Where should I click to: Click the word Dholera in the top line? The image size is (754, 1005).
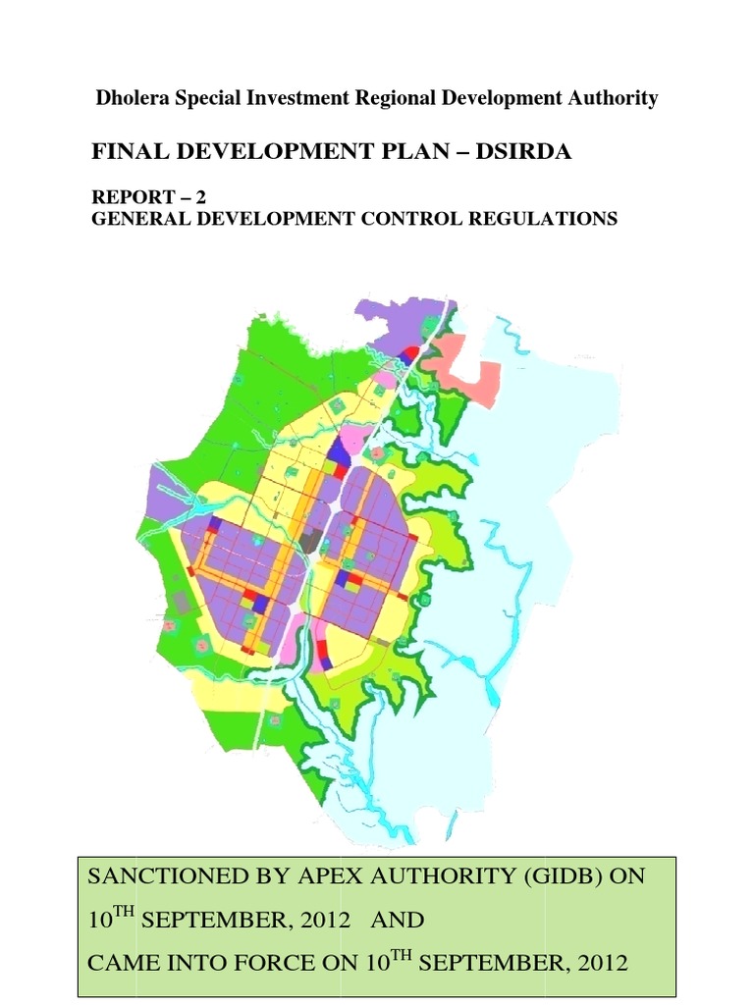[x=128, y=98]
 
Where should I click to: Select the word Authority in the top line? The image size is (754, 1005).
[x=613, y=98]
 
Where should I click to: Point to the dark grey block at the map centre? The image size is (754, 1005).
[x=311, y=541]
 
